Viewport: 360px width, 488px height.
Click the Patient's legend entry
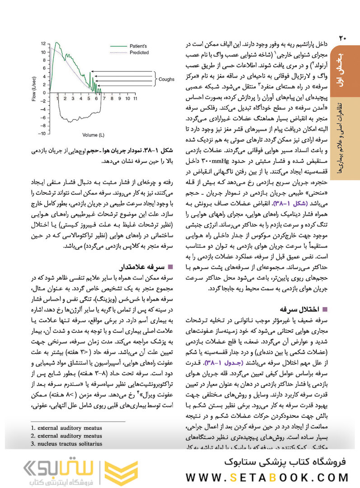tap(138, 46)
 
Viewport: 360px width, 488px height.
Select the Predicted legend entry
tap(139, 52)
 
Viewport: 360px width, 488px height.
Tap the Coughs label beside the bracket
tap(166, 79)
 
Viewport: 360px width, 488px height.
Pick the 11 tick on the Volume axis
tap(135, 98)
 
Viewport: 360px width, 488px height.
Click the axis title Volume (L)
tap(94, 135)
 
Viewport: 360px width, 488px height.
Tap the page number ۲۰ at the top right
tap(342, 38)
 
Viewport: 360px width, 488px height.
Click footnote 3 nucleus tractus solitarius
tap(66, 444)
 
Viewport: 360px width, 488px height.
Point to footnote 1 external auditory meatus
tap(66, 427)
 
